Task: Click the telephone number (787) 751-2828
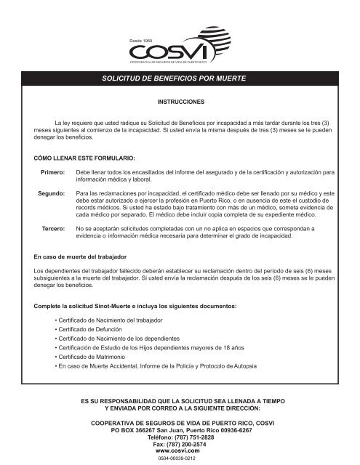[180, 437]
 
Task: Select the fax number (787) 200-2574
[180, 445]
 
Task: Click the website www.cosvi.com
[180, 452]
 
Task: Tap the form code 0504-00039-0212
[180, 460]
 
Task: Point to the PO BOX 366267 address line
[180, 430]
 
